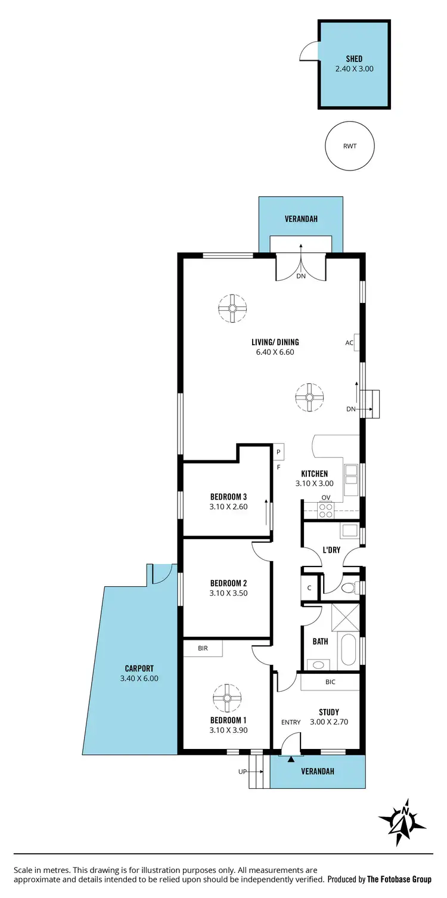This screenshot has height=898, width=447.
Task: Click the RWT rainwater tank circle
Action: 350,146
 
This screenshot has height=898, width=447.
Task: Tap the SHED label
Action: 354,59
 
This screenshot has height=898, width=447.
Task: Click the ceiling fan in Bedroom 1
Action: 226,698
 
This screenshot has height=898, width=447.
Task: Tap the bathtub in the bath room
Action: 347,652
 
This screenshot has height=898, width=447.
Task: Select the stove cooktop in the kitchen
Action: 326,510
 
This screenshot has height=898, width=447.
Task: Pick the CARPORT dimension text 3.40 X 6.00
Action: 139,678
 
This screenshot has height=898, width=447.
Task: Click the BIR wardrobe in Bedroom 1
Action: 203,648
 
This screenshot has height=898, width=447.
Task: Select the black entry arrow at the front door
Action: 291,759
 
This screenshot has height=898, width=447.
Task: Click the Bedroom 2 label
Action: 228,583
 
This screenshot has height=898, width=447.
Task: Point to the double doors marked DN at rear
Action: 300,267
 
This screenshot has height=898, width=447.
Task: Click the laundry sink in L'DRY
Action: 349,529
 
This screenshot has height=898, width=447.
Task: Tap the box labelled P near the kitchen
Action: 278,451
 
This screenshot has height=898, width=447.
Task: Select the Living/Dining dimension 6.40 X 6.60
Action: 275,352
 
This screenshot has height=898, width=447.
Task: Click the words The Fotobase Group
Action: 399,879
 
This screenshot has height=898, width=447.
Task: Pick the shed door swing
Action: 309,52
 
